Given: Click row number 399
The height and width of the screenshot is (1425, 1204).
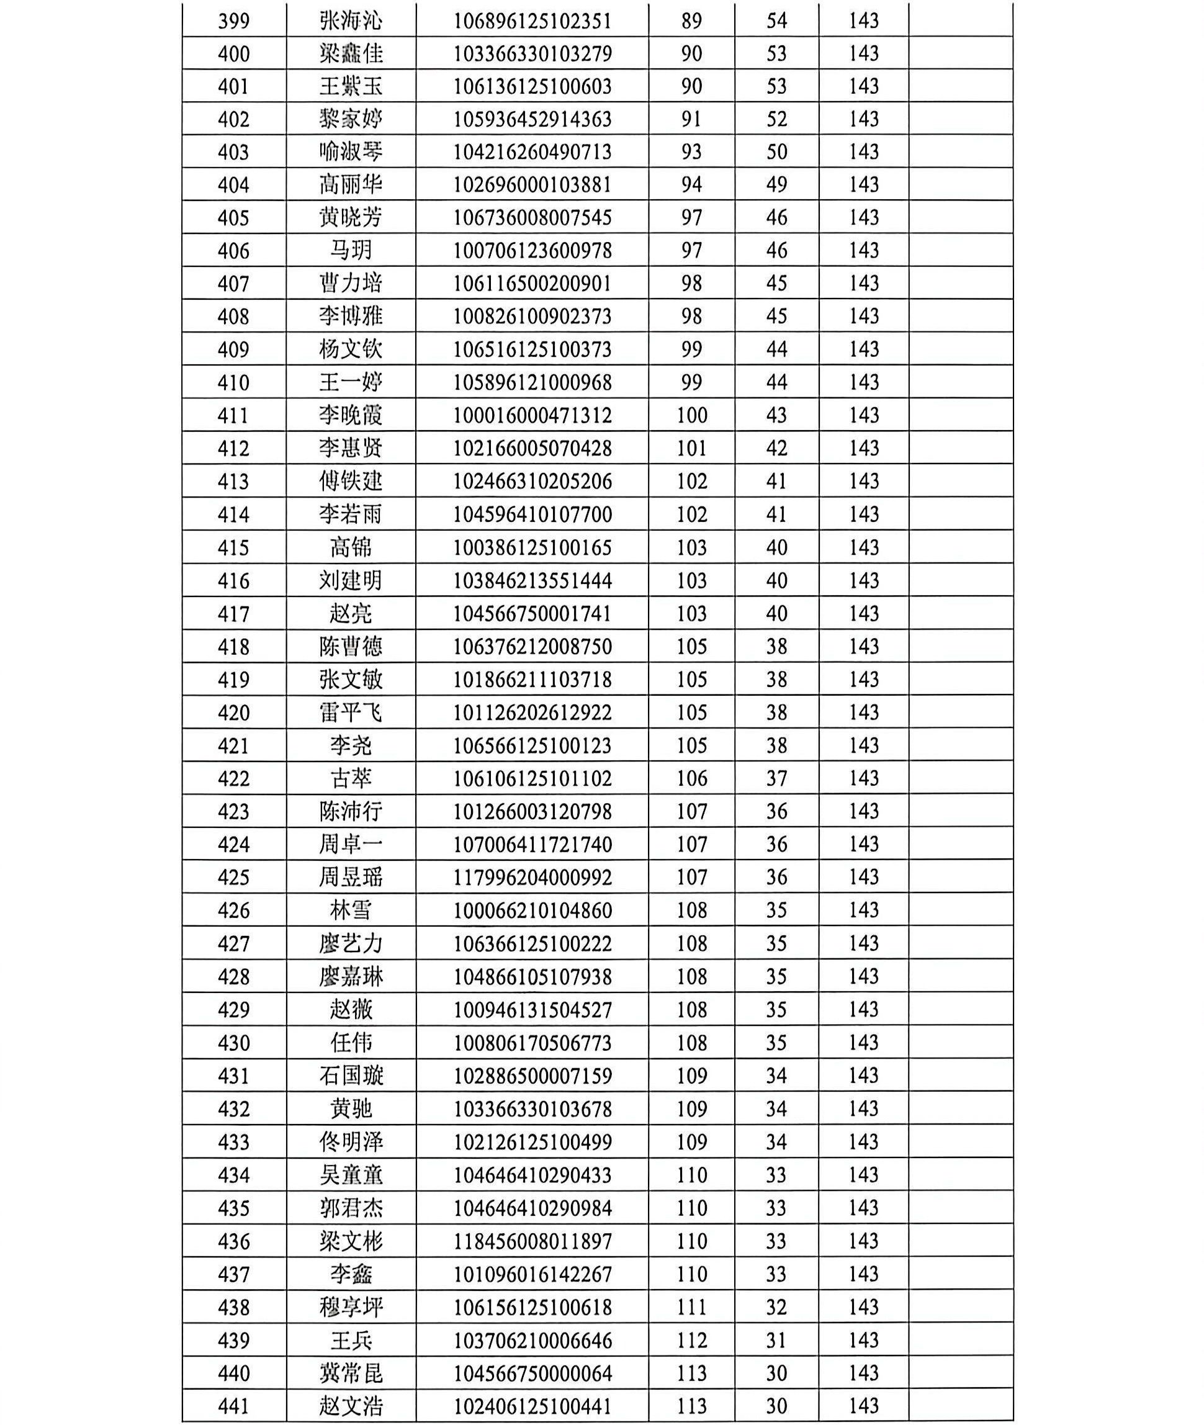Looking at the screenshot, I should pos(233,20).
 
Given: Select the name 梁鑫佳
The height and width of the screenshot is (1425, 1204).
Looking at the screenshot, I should pos(351,53).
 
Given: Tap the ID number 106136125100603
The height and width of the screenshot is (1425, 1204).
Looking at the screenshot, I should pos(532,87).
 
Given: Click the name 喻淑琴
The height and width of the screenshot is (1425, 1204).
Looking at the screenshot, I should pos(351,151).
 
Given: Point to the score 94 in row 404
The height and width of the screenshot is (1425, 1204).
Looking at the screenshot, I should pos(691,184).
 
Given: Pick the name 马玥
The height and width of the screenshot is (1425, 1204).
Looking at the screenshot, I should pos(351,251).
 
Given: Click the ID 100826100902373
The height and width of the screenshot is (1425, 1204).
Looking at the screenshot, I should pos(532,317).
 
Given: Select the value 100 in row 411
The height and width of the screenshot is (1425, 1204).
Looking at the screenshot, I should pos(691,416).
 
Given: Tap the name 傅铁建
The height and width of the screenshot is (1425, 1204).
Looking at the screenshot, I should pos(351,481).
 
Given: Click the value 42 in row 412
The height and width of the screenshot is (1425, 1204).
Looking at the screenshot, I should pos(777,448).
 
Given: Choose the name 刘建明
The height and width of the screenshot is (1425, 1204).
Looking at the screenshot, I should pos(351,581).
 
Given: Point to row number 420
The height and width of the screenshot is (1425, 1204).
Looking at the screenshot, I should pos(233,712).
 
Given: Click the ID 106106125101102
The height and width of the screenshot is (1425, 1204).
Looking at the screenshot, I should pos(532,779).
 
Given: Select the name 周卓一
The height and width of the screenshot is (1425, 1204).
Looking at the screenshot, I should pos(351,844).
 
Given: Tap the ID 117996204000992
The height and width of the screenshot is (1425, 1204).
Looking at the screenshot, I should pos(532,878).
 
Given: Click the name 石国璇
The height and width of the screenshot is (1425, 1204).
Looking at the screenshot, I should pos(351,1076).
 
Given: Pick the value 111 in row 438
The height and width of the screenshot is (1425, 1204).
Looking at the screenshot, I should pos(691,1307).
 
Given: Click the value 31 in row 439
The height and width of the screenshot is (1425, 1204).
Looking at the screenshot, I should pos(777,1341).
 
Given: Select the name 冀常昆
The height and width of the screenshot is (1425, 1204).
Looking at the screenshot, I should pos(351,1373).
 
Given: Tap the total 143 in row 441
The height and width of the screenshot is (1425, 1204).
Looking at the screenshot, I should pos(863,1406).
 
